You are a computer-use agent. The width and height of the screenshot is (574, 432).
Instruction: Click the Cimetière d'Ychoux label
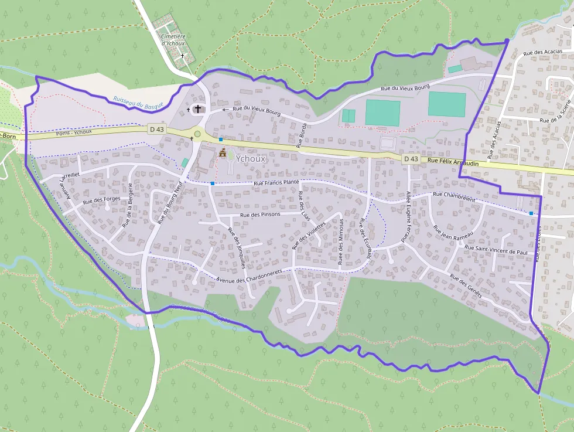point(173,40)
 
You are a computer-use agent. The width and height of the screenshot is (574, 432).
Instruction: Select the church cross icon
point(198,108)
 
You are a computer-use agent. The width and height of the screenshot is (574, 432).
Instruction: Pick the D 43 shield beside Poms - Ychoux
point(156,129)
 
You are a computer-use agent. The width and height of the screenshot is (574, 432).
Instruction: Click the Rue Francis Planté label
point(276,183)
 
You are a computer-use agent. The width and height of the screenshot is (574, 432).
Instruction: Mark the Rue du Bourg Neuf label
point(170,202)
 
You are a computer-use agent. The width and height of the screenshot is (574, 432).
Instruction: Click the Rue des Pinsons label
point(260,215)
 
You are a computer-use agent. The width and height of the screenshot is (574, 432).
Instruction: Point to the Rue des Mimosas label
point(341,241)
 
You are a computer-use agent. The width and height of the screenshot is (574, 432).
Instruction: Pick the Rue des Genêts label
point(466,285)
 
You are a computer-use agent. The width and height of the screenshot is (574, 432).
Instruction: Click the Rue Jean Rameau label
point(453,235)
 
